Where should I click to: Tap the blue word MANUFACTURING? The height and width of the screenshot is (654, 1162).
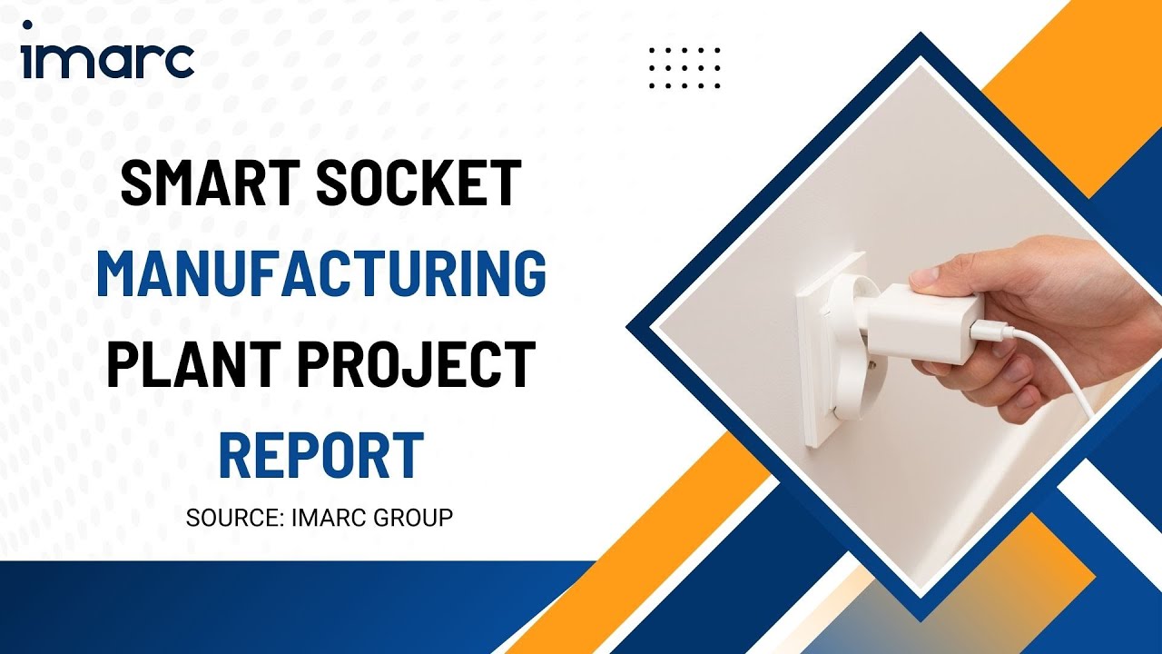coord(321,273)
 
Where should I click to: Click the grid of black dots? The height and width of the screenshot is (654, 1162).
coord(685,68)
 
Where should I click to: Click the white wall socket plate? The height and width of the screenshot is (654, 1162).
coord(826,363)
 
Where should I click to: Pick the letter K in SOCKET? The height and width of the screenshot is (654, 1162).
coord(440,183)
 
